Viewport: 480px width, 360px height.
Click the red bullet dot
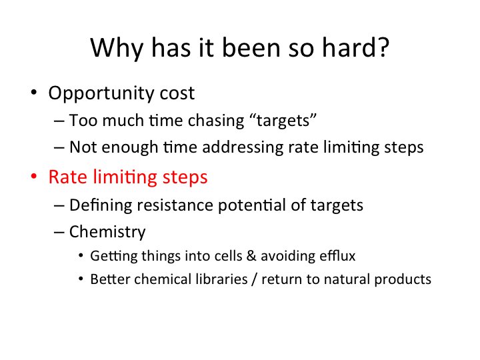[x=34, y=178]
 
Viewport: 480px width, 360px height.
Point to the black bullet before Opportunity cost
[x=34, y=93]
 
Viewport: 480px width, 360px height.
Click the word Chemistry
[x=107, y=233]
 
